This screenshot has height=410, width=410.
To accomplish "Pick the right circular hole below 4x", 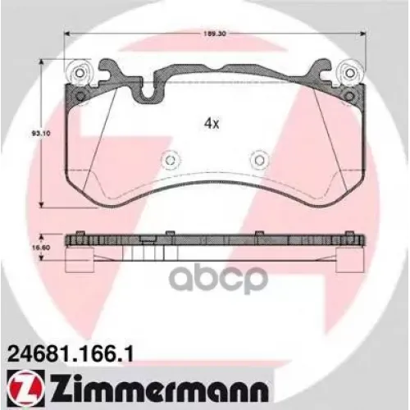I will coord(258,161).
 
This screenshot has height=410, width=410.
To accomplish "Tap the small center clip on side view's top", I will coord(147,239).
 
